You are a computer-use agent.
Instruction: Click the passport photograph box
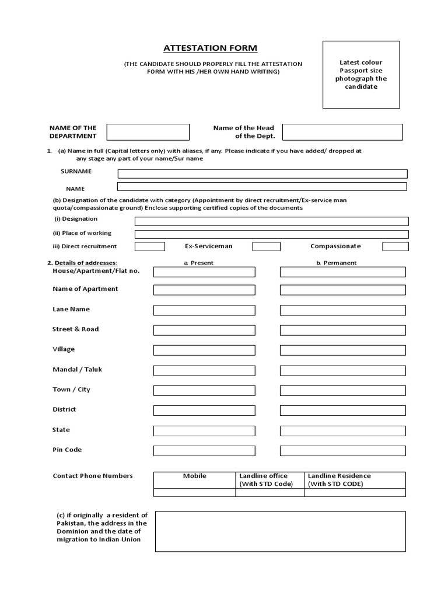(x=361, y=75)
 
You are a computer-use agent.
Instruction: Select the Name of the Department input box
(x=148, y=132)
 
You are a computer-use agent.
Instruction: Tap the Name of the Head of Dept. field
(x=342, y=132)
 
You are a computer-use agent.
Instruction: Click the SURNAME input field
(x=262, y=173)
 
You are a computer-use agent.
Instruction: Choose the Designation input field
(x=271, y=221)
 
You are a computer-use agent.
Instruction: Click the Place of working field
(x=271, y=234)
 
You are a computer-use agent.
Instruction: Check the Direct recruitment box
(x=149, y=246)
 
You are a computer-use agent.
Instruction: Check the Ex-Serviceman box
(x=266, y=246)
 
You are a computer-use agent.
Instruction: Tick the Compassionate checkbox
(x=395, y=246)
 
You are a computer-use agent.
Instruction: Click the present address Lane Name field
(x=204, y=310)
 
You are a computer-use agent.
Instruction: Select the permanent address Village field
(x=342, y=350)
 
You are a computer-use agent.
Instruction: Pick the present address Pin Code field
(x=204, y=451)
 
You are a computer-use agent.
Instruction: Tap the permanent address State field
(x=342, y=431)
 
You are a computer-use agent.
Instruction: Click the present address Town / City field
(x=204, y=391)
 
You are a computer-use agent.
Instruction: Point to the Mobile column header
(x=195, y=476)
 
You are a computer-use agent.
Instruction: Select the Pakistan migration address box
(x=280, y=531)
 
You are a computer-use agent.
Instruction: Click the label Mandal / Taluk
(x=77, y=370)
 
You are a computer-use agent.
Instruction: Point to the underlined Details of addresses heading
(x=85, y=263)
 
